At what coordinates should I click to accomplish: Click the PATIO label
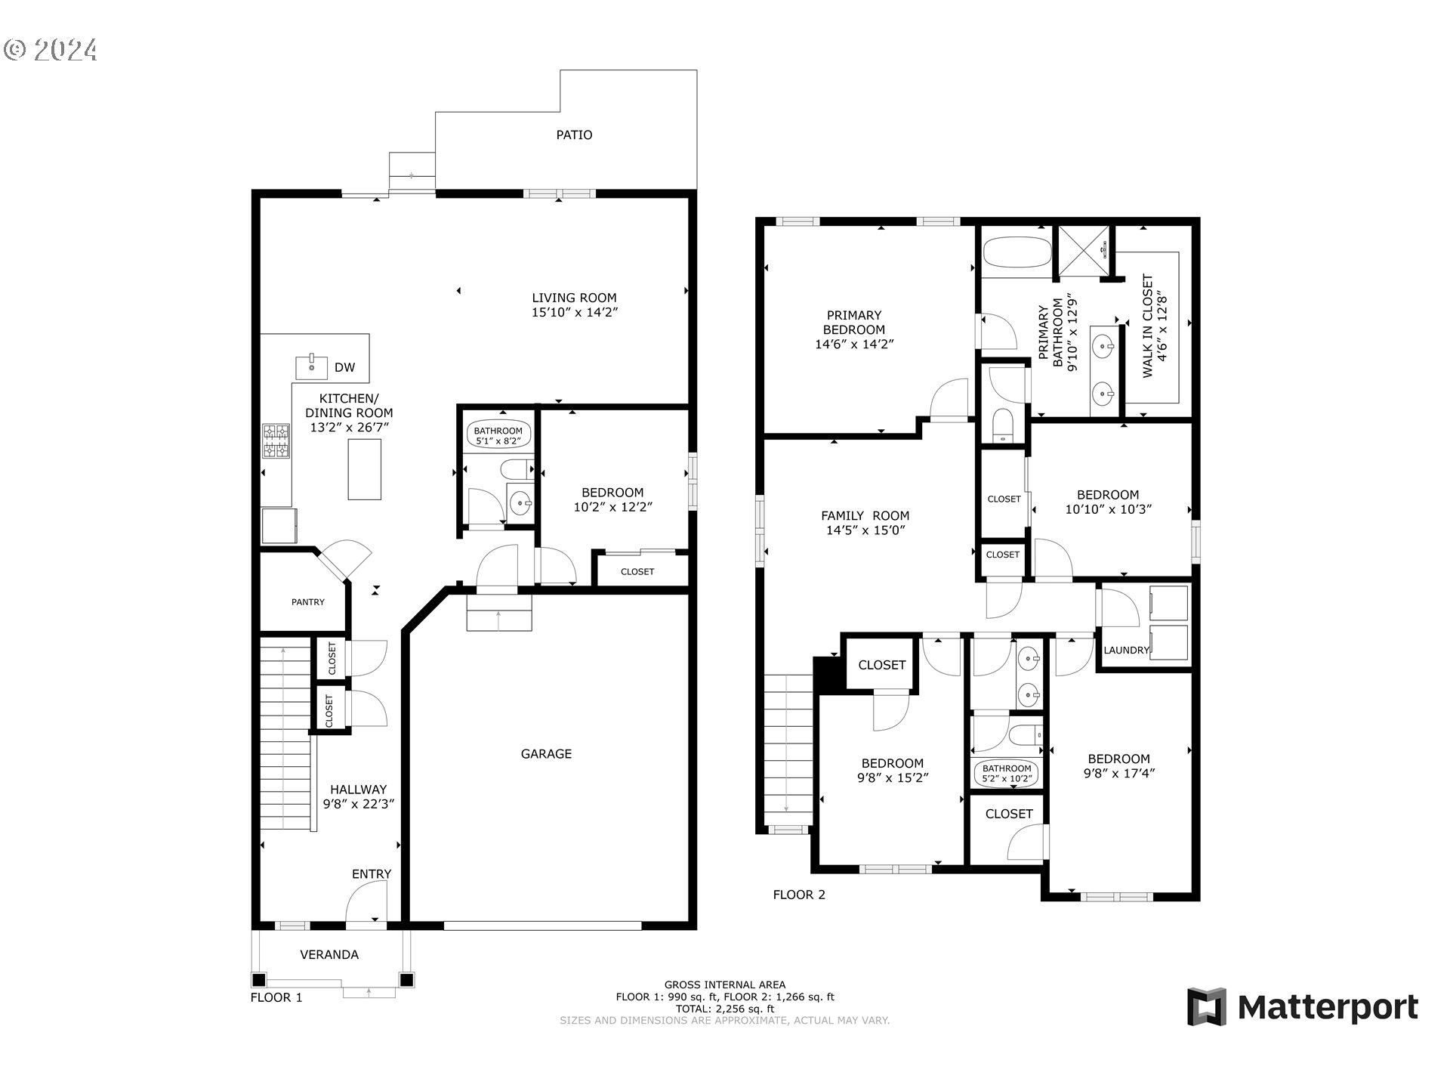[x=574, y=135]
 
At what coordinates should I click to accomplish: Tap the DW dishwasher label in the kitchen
[x=344, y=368]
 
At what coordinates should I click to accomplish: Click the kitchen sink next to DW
[x=311, y=368]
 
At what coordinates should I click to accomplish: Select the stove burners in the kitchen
[x=276, y=440]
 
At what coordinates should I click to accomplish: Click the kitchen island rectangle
[x=364, y=468]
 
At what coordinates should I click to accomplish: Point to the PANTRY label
[x=308, y=602]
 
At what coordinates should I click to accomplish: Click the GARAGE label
[x=546, y=754]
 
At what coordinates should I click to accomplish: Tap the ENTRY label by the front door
[x=372, y=874]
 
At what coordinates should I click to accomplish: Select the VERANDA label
[x=329, y=955]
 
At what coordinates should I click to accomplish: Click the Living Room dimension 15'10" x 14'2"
[x=575, y=312]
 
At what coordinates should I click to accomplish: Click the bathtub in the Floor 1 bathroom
[x=498, y=436]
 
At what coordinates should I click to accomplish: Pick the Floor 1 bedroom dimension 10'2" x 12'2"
[x=612, y=507]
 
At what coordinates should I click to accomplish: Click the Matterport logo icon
[x=1206, y=1007]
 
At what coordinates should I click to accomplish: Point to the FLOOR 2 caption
[x=799, y=895]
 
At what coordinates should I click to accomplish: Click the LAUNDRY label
[x=1126, y=651]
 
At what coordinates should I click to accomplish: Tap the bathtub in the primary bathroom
[x=1017, y=252]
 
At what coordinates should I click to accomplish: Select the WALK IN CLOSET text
[x=1147, y=326]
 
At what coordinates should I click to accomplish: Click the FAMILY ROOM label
[x=865, y=516]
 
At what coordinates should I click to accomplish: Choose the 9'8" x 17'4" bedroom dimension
[x=1119, y=773]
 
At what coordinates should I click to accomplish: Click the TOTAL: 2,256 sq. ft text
[x=725, y=1009]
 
